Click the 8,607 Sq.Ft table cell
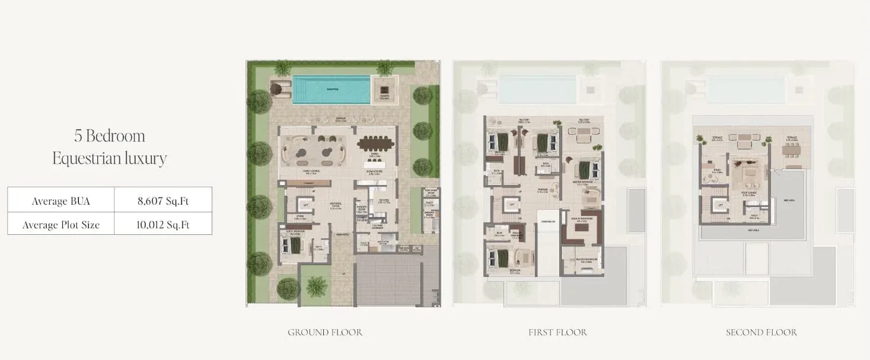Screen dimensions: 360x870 [162, 200]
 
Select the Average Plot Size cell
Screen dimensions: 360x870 [60, 225]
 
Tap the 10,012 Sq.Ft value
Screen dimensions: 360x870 [162, 225]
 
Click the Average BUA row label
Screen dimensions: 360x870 [60, 200]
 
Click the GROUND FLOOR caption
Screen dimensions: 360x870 [325, 332]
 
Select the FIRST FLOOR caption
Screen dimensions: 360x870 [557, 332]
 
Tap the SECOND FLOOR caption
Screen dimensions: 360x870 [761, 332]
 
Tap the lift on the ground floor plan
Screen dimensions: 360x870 [306, 205]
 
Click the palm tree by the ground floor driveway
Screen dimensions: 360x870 [316, 286]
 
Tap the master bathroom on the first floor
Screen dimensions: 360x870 [582, 260]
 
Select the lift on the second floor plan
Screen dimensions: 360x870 [721, 206]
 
